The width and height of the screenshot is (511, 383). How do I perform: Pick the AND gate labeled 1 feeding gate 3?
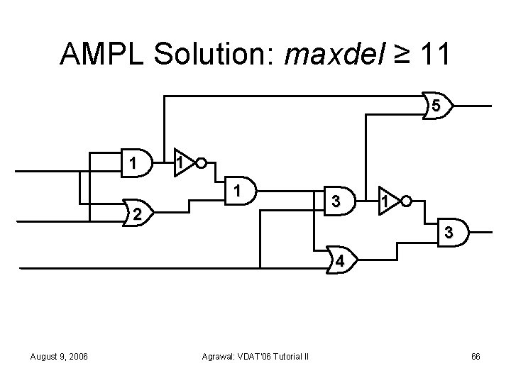(241, 189)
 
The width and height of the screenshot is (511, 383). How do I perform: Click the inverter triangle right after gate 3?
(387, 201)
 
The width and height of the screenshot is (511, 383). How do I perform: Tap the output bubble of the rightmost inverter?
(405, 201)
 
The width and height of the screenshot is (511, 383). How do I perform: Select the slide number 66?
(476, 355)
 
